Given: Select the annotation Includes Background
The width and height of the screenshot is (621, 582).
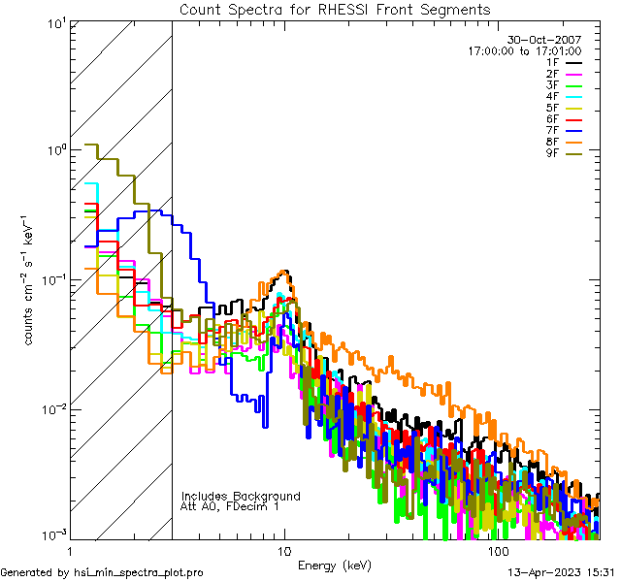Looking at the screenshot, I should [x=241, y=496].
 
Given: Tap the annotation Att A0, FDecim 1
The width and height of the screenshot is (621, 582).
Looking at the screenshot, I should [x=230, y=506].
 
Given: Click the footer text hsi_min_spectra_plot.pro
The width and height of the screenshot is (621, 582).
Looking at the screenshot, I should [x=102, y=572].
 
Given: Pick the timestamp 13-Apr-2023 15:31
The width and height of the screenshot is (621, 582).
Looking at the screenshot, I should [x=559, y=572].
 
